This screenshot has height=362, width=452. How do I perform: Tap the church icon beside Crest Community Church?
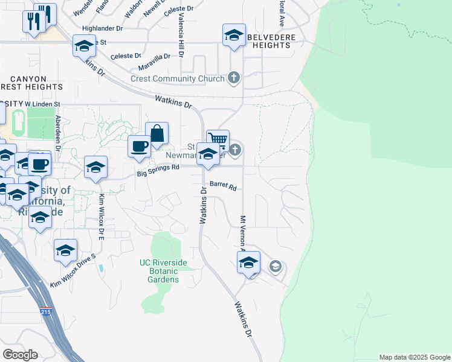click(x=234, y=78)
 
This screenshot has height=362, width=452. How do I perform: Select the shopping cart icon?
click(x=218, y=141)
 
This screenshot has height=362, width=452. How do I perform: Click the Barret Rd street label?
click(x=223, y=186)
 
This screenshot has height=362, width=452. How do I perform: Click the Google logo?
click(x=20, y=354)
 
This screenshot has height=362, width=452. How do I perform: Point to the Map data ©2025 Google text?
click(x=414, y=357)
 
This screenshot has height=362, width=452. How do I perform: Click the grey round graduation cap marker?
click(x=276, y=267)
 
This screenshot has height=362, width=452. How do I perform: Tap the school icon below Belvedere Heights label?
click(x=234, y=36)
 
